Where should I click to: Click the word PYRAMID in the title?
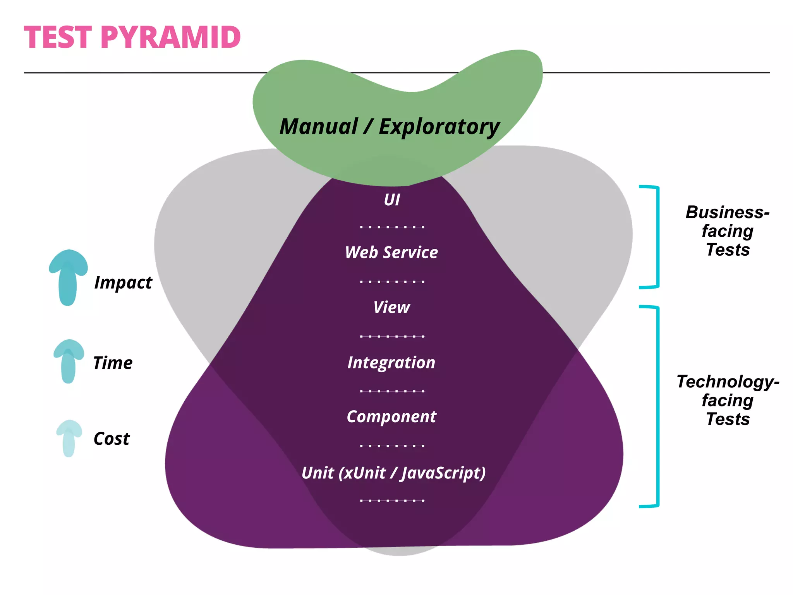tap(171, 38)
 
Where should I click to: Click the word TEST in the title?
tap(58, 38)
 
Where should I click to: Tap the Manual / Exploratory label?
tap(390, 127)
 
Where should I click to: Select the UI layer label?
tap(392, 200)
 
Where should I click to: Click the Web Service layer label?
tap(391, 253)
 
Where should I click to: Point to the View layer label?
tap(391, 308)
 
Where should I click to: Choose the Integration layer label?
tap(391, 363)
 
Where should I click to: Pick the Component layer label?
tap(391, 417)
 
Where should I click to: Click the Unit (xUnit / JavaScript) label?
tap(393, 473)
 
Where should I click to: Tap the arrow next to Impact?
tap(68, 277)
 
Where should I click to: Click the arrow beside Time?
tap(69, 361)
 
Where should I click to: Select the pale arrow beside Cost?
tap(69, 438)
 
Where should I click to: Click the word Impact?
tap(123, 283)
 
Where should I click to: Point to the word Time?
tap(113, 363)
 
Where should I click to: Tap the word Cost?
tap(112, 439)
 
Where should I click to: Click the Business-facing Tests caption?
tap(728, 231)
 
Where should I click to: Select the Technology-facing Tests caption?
tap(728, 400)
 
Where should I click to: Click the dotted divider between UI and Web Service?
tap(392, 227)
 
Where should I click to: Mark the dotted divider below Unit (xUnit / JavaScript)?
tap(392, 500)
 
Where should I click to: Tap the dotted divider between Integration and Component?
tap(392, 391)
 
